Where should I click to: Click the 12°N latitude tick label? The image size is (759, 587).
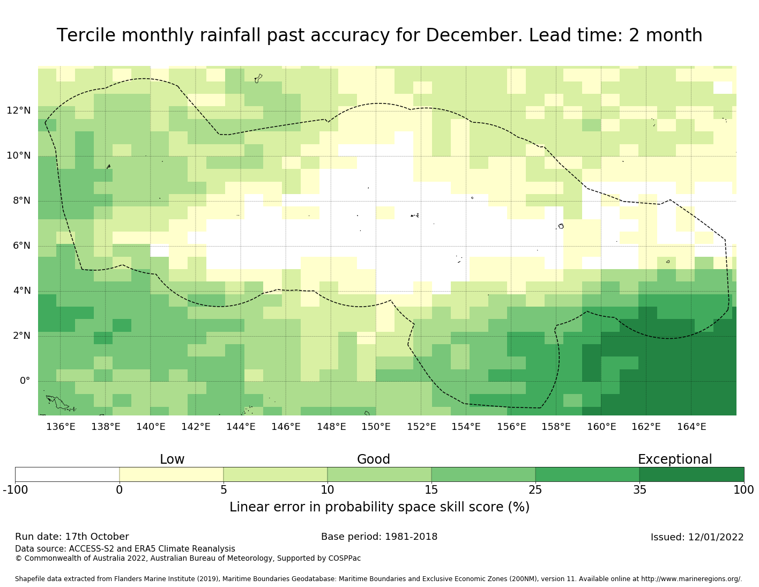pos(19,111)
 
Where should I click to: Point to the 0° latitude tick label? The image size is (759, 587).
pos(25,381)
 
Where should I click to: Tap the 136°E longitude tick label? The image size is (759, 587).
pos(61,427)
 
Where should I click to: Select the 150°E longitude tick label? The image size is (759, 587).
pos(376,427)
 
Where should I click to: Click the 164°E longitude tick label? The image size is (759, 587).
pos(691,427)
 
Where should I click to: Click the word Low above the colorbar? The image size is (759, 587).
pos(172,459)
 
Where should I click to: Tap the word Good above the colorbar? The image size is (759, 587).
pos(374,459)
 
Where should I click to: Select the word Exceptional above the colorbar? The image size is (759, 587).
pos(675,459)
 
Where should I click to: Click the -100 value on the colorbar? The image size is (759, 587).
pos(15,490)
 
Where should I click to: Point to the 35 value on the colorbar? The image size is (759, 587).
pos(639,490)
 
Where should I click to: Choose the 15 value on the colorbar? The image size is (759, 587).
pos(431,490)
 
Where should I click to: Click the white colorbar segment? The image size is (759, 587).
pos(67,474)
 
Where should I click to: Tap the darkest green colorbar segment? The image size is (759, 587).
pos(691,474)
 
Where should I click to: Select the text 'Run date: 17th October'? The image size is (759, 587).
pos(72,537)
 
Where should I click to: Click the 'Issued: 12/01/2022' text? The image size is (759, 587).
pos(697,537)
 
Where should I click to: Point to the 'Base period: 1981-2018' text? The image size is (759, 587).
pos(379,537)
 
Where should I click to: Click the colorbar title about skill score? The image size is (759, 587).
pos(379,507)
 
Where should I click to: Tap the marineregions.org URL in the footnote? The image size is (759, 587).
pos(691,579)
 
